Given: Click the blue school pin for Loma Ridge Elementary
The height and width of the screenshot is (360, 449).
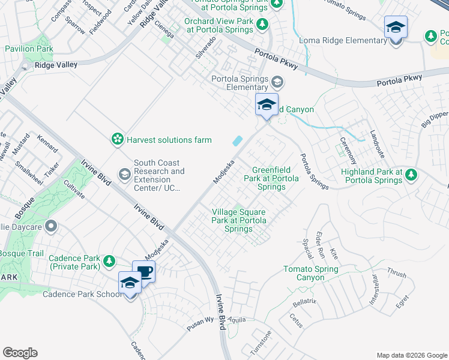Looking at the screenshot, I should [x=396, y=28].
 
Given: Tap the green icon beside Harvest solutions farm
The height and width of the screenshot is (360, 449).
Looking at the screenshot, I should [x=117, y=140].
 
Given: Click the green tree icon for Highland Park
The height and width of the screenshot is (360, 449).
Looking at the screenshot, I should [x=411, y=175].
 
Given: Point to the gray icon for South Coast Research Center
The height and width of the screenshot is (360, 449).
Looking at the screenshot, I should [x=124, y=175].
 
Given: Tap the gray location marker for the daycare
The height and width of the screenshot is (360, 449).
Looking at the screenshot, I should [x=51, y=226].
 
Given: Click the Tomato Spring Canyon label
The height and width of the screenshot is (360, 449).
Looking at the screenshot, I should [x=312, y=273].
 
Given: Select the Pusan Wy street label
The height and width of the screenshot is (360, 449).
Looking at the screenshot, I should [x=200, y=320].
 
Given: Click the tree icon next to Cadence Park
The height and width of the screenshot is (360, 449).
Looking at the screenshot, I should [x=109, y=261].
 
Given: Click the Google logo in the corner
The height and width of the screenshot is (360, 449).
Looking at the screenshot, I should [x=20, y=353].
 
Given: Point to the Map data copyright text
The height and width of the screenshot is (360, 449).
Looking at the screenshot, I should [x=411, y=355].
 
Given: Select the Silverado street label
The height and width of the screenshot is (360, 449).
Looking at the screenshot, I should [x=205, y=47].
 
